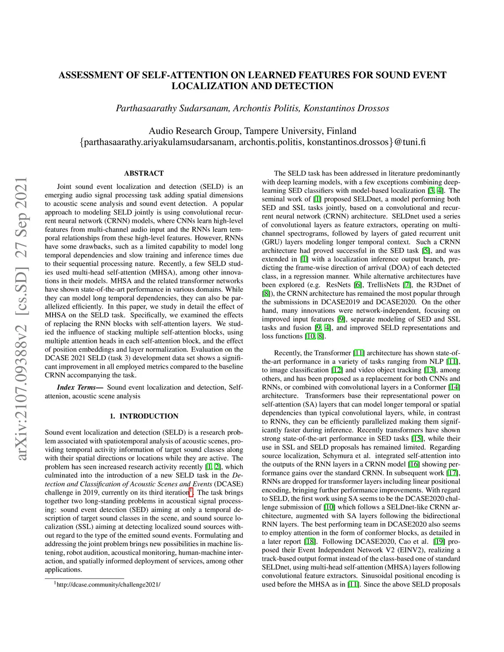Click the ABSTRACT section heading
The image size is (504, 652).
[144, 173]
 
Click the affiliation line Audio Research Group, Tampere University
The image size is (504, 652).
[252, 131]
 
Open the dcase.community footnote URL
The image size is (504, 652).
[108, 585]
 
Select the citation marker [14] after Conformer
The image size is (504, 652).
[454, 387]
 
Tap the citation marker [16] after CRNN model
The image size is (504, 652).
[413, 465]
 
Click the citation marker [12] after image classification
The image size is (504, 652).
[337, 370]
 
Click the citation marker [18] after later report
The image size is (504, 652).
[311, 542]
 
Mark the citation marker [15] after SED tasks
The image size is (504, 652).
[417, 438]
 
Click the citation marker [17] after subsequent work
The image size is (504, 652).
[452, 473]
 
